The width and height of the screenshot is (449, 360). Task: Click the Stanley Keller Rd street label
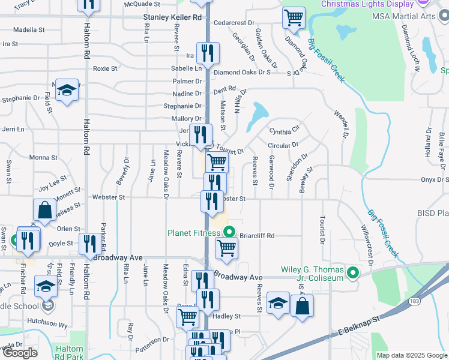pyautogui.click(x=172, y=18)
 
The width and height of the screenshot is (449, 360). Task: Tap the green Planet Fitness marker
pyautogui.click(x=229, y=233)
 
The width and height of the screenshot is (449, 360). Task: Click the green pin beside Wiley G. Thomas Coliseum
pyautogui.click(x=354, y=274)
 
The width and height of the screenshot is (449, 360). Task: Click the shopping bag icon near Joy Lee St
pyautogui.click(x=45, y=210)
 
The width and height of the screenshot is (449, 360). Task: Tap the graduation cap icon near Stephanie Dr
pyautogui.click(x=67, y=91)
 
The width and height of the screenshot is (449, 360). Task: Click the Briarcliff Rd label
pyautogui.click(x=257, y=236)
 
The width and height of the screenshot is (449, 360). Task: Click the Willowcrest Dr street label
pyautogui.click(x=366, y=246)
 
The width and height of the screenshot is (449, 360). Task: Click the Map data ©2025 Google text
pyautogui.click(x=411, y=355)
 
